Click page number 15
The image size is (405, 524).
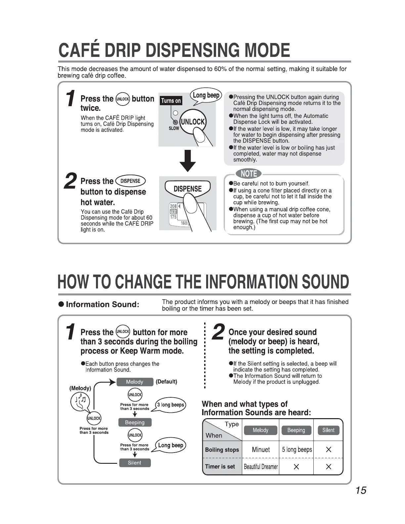[361, 490]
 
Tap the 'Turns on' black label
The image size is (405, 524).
[171, 101]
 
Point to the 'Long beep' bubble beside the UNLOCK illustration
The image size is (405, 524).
[206, 95]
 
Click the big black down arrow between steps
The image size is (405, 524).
[188, 161]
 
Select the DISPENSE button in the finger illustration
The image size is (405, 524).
[188, 189]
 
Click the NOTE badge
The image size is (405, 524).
[248, 174]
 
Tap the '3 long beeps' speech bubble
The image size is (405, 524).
[170, 405]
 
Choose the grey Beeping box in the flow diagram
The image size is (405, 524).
[135, 422]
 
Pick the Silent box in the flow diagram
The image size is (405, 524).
[135, 463]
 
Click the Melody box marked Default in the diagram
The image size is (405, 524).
[135, 382]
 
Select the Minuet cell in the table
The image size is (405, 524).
[261, 450]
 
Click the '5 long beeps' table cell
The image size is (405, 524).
[297, 450]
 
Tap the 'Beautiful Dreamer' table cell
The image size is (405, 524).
[261, 467]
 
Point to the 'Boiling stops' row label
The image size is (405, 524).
[222, 450]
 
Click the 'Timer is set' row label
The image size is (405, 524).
[220, 467]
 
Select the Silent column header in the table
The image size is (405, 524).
[328, 430]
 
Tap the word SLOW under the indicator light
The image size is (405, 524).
[174, 128]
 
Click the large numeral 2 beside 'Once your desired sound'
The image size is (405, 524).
[218, 332]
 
